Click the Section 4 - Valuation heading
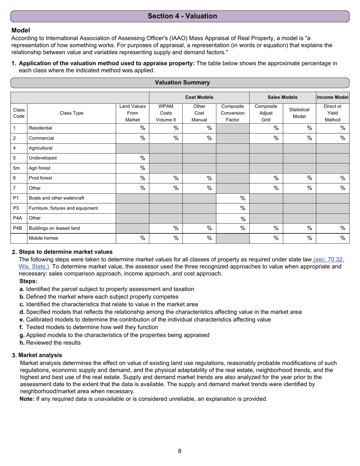(x=182, y=16)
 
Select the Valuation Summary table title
(x=182, y=83)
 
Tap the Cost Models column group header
(x=199, y=97)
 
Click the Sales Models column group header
(x=282, y=97)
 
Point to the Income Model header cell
(x=332, y=97)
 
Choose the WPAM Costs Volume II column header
(x=166, y=113)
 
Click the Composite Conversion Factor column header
(x=232, y=113)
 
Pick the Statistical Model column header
(x=299, y=113)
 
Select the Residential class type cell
(x=71, y=128)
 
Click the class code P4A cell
(x=17, y=218)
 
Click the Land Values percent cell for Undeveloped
(x=132, y=158)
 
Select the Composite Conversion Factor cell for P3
(x=232, y=208)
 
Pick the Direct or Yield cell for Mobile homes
(x=332, y=238)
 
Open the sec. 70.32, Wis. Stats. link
(x=328, y=260)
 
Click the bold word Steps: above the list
(x=28, y=281)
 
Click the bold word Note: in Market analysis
(x=27, y=399)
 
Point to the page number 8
(x=180, y=451)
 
